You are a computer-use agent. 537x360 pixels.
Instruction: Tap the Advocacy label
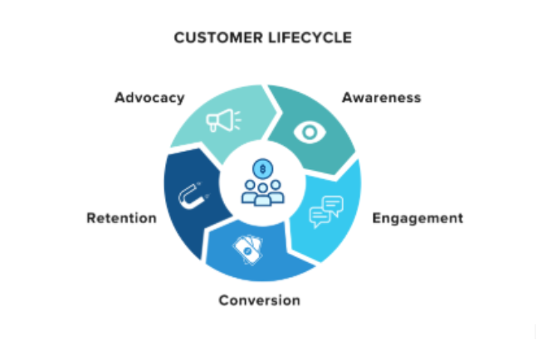tap(149, 98)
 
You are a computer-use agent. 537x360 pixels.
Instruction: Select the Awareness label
tap(381, 98)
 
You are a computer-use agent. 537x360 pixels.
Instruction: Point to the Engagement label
tap(417, 219)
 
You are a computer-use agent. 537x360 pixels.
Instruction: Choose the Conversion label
tap(259, 299)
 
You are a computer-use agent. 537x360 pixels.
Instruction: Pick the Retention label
tap(121, 219)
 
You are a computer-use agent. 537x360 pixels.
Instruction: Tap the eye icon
tap(310, 131)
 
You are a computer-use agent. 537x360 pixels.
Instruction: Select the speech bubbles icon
tap(326, 212)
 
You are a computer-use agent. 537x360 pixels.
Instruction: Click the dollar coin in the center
tap(263, 169)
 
